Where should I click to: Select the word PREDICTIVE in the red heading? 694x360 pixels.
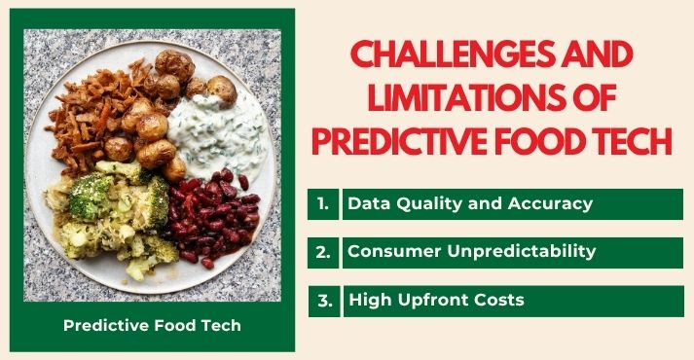pyautogui.click(x=410, y=141)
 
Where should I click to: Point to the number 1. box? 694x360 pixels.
pyautogui.click(x=323, y=204)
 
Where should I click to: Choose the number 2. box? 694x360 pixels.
pyautogui.click(x=323, y=252)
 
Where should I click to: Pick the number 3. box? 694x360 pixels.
pyautogui.click(x=323, y=301)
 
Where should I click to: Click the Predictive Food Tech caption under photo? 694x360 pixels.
pyautogui.click(x=152, y=325)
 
